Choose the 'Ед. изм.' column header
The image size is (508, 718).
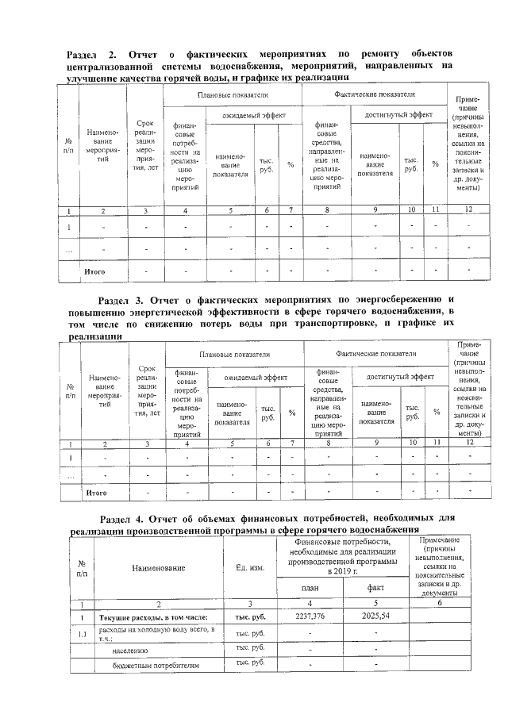click(250, 567)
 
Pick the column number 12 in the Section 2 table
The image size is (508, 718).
click(468, 209)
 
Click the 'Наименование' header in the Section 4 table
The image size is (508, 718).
click(159, 567)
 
